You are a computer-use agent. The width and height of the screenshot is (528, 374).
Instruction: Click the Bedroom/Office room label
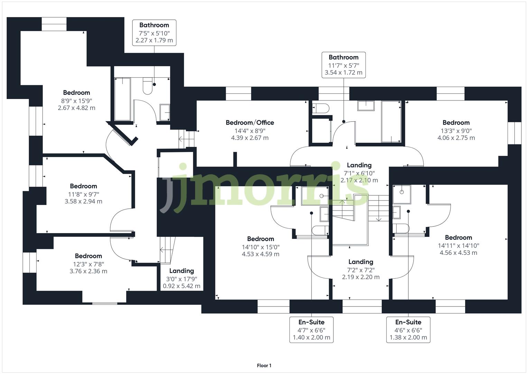click(x=250, y=123)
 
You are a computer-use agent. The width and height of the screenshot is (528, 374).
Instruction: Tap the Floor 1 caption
click(x=264, y=365)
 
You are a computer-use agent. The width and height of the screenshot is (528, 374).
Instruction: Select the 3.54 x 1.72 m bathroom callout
click(x=343, y=65)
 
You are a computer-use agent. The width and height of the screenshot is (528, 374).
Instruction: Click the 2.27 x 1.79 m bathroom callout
click(x=154, y=33)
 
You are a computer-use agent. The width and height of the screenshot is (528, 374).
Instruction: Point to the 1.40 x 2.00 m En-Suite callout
click(x=311, y=330)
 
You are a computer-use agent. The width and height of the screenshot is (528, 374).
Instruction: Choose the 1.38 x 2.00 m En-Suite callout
click(x=408, y=330)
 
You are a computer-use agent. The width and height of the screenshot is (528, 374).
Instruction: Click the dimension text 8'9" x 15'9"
click(x=76, y=100)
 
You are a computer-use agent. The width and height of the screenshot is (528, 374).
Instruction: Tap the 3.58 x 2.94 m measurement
click(x=83, y=201)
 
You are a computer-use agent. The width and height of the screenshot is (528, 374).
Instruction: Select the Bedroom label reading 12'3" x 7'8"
click(x=88, y=256)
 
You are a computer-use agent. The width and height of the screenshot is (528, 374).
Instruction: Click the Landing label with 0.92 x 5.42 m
click(x=182, y=271)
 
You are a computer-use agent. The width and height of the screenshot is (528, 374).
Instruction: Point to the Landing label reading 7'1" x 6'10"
click(x=359, y=165)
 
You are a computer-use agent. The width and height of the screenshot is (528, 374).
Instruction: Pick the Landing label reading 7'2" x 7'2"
click(x=361, y=262)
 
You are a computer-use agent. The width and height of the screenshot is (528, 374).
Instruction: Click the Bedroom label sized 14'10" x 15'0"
click(x=260, y=239)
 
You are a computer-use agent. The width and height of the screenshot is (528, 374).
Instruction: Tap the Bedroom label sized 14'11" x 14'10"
click(x=458, y=238)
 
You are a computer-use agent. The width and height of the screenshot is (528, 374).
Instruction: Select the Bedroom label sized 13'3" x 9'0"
click(x=456, y=123)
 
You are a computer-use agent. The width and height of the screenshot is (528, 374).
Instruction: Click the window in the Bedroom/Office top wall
click(x=238, y=93)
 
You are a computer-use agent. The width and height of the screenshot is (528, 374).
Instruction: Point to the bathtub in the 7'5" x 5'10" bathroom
click(x=122, y=99)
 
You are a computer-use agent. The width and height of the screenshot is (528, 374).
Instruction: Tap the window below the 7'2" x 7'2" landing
click(x=362, y=306)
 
